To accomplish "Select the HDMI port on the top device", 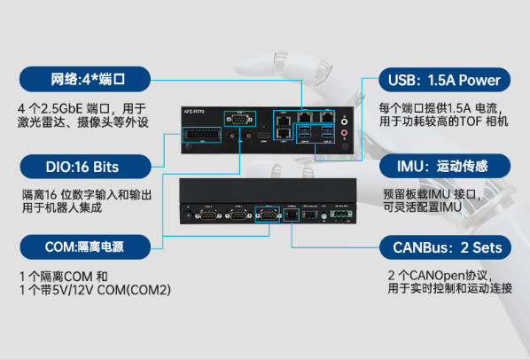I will click(x=264, y=137).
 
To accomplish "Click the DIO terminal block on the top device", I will click(x=200, y=135).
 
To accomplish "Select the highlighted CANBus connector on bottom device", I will click(x=292, y=214).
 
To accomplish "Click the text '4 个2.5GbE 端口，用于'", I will click(x=79, y=107).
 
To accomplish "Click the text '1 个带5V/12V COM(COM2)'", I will click(x=95, y=291).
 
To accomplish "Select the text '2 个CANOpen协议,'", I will click(x=439, y=275).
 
